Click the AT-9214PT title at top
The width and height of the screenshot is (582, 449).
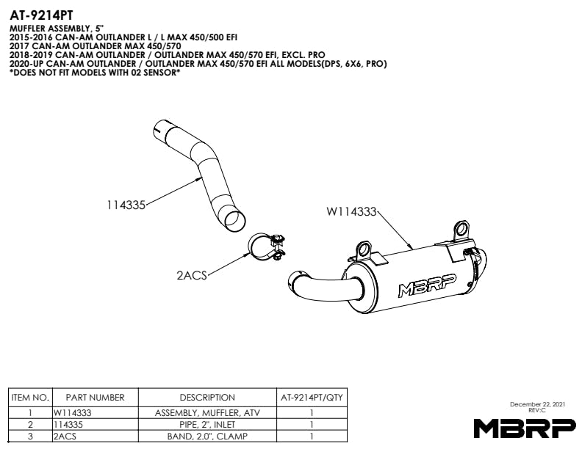point(41,15)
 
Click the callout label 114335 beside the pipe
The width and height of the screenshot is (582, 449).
point(126,205)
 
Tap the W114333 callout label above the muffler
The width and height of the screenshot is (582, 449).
point(351,211)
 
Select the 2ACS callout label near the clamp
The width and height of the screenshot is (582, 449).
point(192,275)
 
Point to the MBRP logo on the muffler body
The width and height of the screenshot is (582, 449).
point(427,285)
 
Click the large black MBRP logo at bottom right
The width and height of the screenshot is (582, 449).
point(525,428)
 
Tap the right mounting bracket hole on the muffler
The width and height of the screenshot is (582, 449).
point(462,230)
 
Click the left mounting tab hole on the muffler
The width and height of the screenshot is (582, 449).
point(364,249)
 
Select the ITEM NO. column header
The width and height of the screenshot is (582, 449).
point(30,398)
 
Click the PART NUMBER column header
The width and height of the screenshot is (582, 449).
point(95,398)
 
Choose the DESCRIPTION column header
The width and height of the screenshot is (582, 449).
point(207,398)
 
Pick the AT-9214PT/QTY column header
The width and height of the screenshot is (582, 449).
point(312,398)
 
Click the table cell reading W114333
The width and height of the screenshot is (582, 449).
point(72,413)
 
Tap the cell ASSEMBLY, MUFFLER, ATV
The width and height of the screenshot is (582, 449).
point(207,413)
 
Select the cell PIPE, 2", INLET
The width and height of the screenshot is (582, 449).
point(207,425)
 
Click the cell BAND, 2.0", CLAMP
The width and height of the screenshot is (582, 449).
point(207,437)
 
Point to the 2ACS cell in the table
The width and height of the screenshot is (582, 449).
point(65,437)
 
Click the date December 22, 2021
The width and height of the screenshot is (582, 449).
point(537,404)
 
